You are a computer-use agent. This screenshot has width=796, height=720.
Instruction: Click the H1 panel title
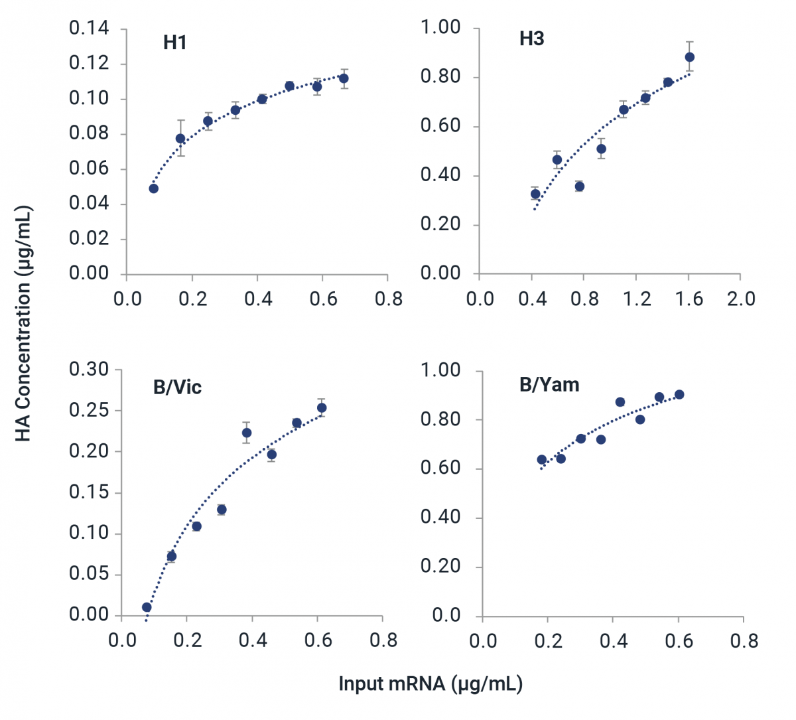point(174,43)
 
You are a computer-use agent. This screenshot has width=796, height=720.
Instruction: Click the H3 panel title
point(531,39)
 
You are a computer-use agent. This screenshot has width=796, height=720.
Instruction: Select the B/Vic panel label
point(177,388)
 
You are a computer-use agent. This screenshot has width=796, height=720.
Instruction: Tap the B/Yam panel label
point(549,385)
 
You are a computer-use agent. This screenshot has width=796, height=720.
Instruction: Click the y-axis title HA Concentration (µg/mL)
point(23,324)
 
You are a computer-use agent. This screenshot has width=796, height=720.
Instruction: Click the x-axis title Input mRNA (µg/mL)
point(431,684)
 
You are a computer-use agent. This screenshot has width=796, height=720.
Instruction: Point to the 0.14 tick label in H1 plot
point(89,29)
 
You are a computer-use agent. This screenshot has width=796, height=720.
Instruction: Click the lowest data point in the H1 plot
point(153,188)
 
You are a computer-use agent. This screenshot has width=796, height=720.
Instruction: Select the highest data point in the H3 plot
point(689,57)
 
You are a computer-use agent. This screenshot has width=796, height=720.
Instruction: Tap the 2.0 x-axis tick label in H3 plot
point(740,299)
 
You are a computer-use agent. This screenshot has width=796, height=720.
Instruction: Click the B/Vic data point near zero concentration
point(147,607)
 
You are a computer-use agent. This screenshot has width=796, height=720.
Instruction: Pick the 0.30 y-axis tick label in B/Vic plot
point(89,370)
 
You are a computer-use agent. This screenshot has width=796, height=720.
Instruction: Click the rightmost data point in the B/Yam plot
point(679,395)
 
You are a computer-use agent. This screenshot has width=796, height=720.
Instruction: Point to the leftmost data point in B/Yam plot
point(541,460)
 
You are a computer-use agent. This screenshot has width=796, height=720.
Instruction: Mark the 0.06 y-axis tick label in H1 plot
point(89,169)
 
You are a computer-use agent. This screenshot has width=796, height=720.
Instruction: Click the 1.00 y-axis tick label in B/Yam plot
point(440,370)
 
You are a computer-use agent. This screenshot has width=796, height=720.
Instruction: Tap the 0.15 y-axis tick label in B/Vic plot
point(89,492)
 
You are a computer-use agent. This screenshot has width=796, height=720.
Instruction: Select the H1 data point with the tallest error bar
point(180,139)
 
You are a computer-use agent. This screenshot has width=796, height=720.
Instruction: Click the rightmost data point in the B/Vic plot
point(322,408)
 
